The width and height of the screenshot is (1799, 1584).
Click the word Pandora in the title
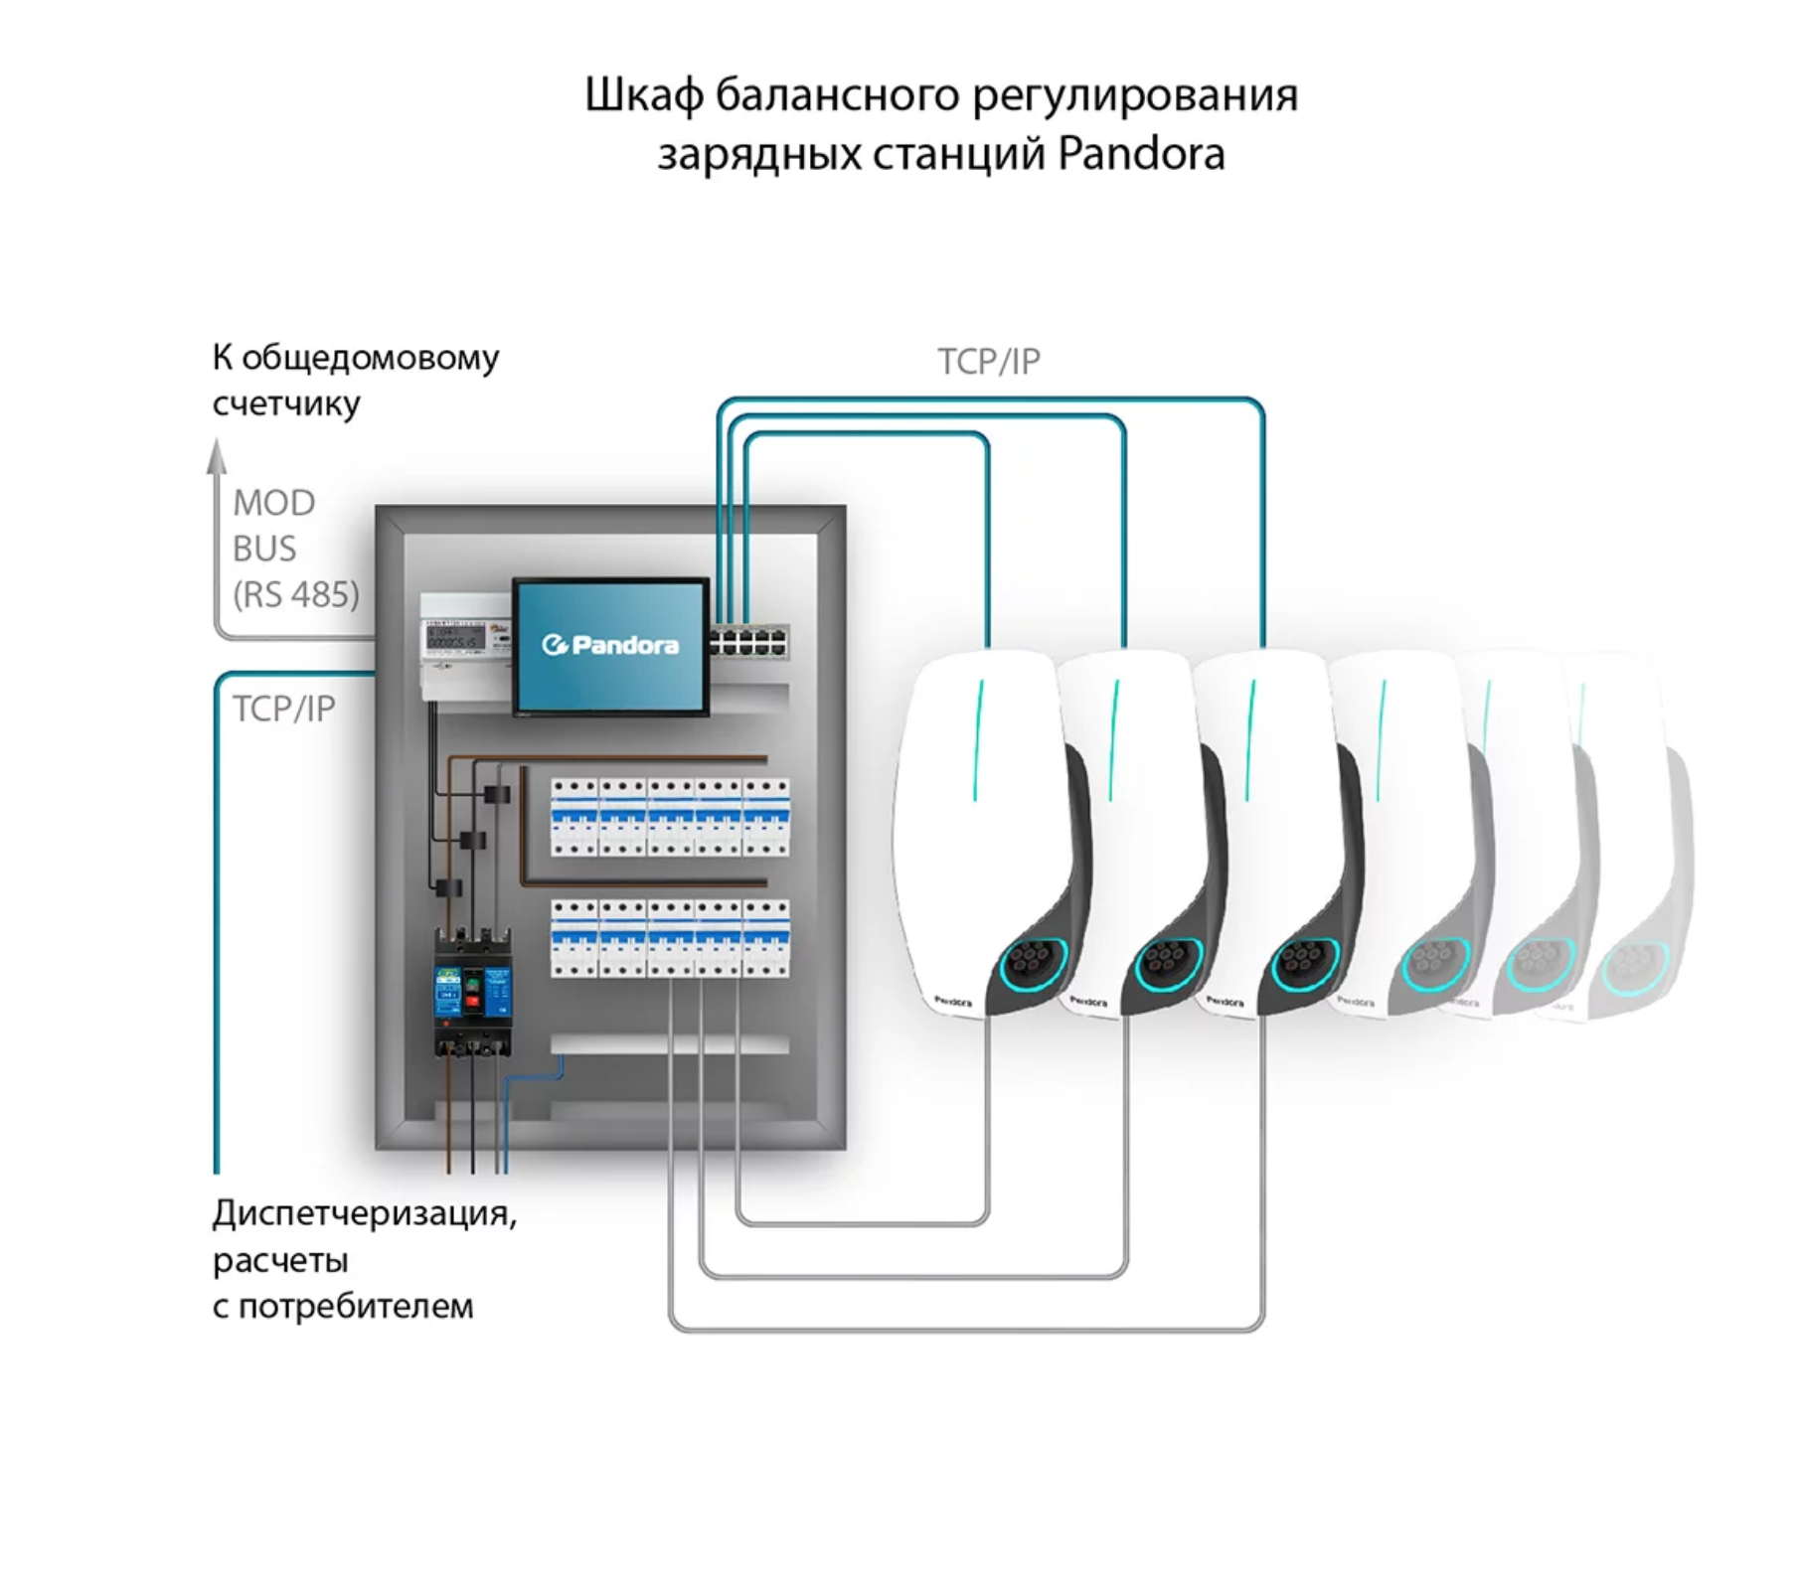click(1140, 154)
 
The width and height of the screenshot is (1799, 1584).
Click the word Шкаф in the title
click(643, 96)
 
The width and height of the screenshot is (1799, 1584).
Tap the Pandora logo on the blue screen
click(610, 646)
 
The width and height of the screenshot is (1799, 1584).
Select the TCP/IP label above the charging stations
click(989, 362)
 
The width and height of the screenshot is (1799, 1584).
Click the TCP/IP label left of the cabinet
click(284, 709)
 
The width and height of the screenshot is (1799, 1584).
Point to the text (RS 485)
click(296, 594)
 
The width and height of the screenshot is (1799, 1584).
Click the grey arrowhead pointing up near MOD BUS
click(217, 457)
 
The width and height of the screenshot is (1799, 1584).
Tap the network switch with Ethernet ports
click(749, 641)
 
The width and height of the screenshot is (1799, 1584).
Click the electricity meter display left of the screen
click(455, 638)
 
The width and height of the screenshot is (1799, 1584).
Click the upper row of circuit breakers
click(670, 817)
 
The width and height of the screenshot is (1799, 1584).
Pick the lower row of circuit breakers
click(670, 938)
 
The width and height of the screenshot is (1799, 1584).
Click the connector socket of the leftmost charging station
click(1033, 962)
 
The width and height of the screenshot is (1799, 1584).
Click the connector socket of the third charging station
click(1304, 962)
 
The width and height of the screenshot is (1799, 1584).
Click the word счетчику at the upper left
click(286, 404)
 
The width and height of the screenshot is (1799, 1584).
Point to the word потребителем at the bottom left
click(356, 1306)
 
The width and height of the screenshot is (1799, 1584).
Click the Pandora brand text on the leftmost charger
click(953, 1002)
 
